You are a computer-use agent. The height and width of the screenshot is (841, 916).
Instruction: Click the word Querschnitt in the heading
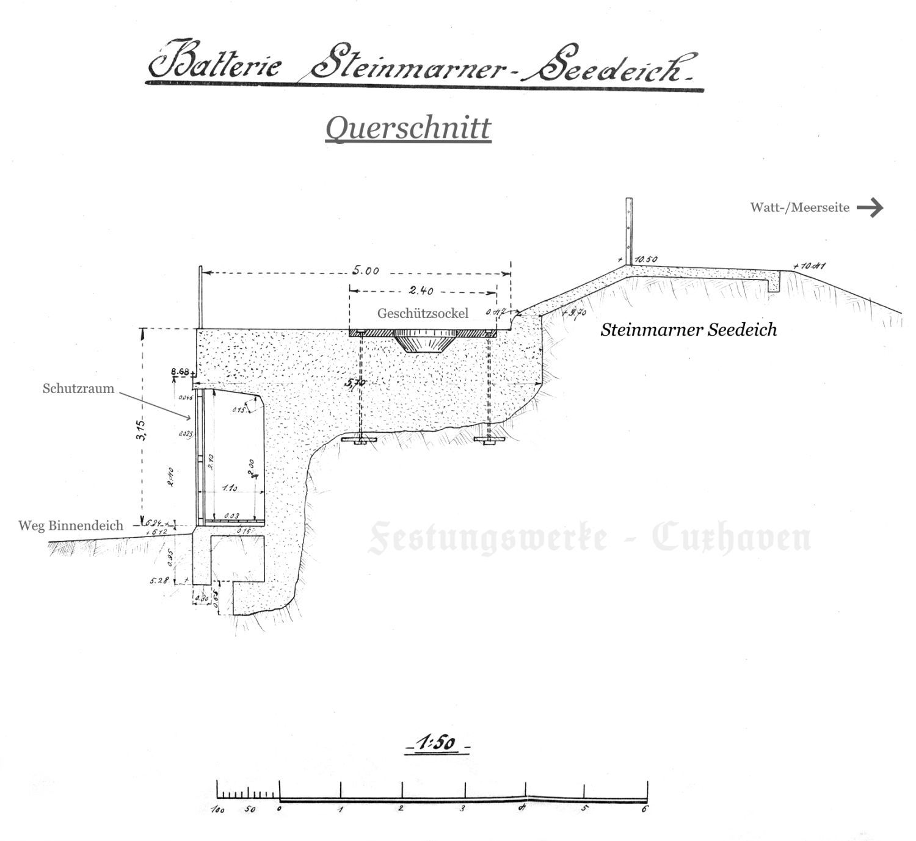pyautogui.click(x=408, y=128)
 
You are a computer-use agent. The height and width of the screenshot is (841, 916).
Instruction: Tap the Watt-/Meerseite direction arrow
pyautogui.click(x=870, y=208)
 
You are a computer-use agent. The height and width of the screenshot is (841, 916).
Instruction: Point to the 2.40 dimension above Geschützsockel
pyautogui.click(x=421, y=291)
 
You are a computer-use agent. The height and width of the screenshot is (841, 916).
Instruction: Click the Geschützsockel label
pyautogui.click(x=423, y=313)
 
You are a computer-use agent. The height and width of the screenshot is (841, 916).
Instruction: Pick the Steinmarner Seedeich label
pyautogui.click(x=688, y=330)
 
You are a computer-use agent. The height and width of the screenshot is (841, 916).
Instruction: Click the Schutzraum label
pyautogui.click(x=78, y=389)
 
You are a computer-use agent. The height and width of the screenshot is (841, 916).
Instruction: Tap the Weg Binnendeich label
pyautogui.click(x=71, y=525)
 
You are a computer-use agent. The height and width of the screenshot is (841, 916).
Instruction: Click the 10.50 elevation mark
pyautogui.click(x=645, y=259)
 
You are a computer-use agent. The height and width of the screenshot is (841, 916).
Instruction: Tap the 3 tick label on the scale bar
pyautogui.click(x=462, y=809)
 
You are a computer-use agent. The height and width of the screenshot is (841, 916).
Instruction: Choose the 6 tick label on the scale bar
pyautogui.click(x=645, y=809)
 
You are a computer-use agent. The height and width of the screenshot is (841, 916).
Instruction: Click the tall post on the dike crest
pyautogui.click(x=628, y=231)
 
